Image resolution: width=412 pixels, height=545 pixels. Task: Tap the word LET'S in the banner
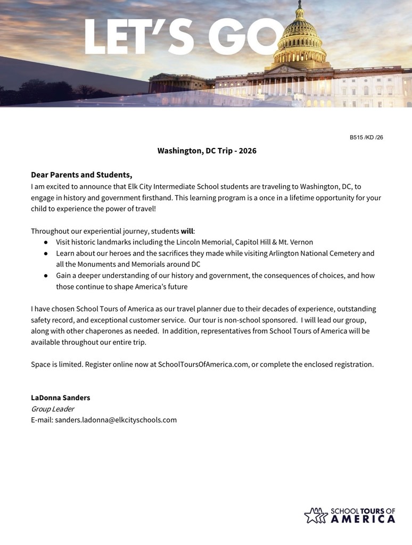tap(141, 37)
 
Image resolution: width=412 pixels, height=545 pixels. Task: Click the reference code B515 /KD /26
tap(366, 137)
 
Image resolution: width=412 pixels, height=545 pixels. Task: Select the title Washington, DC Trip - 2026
tap(207, 151)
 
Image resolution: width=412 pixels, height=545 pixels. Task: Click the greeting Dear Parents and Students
tap(81, 175)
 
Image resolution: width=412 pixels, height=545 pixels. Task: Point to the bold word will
tap(187, 231)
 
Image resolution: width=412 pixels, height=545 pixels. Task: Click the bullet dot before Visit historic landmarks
tap(46, 242)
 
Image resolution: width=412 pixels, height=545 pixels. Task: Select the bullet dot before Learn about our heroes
tap(46, 253)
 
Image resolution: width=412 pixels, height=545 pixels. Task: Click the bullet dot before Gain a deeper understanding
tap(46, 276)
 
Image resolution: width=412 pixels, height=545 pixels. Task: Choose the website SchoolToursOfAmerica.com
tap(203, 365)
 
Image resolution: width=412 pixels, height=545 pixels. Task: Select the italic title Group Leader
tap(52, 409)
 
